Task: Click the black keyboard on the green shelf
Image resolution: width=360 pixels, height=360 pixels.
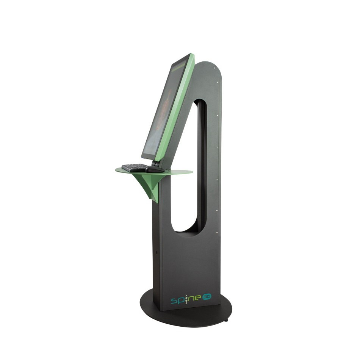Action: pos(135,167)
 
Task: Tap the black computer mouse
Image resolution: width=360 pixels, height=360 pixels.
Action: pos(154,170)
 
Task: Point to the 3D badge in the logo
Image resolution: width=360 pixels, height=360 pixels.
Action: pos(206,297)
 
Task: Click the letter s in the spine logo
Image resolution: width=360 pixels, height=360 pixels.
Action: pos(174,301)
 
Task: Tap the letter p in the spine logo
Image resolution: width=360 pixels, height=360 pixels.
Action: pos(180,302)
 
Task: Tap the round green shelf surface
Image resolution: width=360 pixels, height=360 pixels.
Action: pos(178,173)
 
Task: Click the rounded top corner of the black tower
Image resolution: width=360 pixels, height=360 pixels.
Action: pos(214,68)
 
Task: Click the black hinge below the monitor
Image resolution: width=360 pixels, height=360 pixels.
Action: pos(155,164)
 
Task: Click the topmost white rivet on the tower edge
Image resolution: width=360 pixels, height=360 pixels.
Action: pos(218,81)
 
